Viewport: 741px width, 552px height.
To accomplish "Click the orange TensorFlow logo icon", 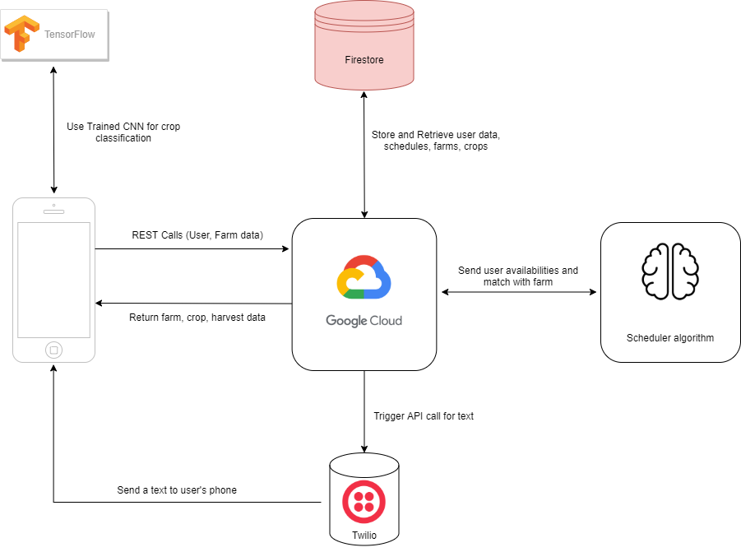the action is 21,33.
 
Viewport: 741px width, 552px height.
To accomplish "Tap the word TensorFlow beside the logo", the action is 69,35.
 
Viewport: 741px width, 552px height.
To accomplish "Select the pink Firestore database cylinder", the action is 364,45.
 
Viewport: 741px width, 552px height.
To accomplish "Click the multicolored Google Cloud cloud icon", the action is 364,277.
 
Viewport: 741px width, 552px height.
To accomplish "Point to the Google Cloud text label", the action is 364,321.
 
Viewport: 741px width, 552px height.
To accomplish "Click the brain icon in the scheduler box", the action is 670,271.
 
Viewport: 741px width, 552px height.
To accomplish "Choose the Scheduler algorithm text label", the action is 670,338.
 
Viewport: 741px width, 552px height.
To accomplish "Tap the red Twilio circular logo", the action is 364,502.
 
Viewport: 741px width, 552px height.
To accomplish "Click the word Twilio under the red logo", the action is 364,536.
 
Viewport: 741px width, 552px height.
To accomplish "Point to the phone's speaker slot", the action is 54,211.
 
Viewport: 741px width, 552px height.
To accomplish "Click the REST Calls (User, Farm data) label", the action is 197,235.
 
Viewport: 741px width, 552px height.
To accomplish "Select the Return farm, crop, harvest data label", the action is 197,318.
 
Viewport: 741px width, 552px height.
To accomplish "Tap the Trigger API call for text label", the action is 424,416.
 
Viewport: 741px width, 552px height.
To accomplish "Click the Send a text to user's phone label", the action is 177,490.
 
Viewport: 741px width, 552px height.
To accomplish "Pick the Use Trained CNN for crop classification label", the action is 123,132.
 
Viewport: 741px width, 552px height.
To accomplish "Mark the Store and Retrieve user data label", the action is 436,141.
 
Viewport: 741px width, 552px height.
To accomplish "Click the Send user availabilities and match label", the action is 518,276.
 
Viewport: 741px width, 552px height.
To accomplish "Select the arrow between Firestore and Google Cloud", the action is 364,155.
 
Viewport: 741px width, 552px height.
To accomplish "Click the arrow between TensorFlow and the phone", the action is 54,130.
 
